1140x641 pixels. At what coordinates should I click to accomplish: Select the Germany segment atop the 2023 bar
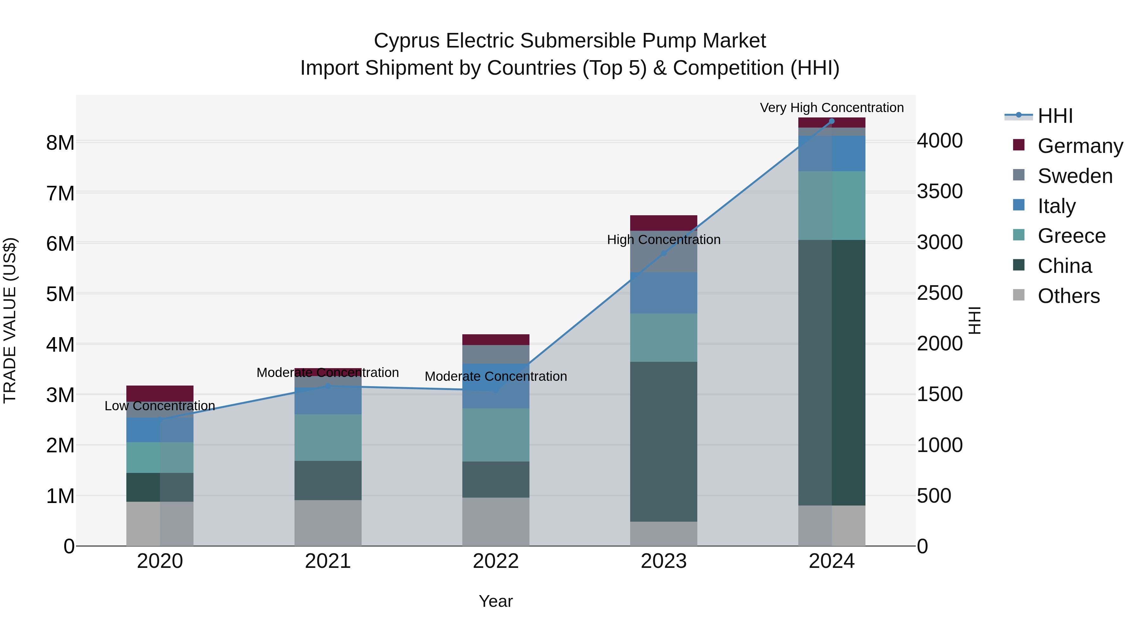tap(663, 223)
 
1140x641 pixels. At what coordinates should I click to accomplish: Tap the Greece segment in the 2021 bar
tap(328, 437)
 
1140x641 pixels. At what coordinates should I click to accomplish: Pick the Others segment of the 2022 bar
tap(496, 522)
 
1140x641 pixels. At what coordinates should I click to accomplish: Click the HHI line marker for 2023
tap(663, 253)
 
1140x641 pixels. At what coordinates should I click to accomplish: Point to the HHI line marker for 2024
tap(831, 121)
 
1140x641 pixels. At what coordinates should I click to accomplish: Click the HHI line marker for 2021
tap(328, 386)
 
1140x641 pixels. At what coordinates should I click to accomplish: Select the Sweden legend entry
tap(1074, 176)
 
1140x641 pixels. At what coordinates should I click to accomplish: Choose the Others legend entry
tap(1068, 296)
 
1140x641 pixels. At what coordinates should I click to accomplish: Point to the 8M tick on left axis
tap(60, 143)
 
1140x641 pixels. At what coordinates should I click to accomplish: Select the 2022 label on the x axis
tap(496, 561)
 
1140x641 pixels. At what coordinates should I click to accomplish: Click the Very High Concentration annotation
tap(832, 108)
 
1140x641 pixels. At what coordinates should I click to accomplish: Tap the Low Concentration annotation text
tap(160, 406)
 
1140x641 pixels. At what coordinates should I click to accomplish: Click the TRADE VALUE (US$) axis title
tap(10, 320)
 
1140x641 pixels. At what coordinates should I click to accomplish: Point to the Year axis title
tap(496, 601)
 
